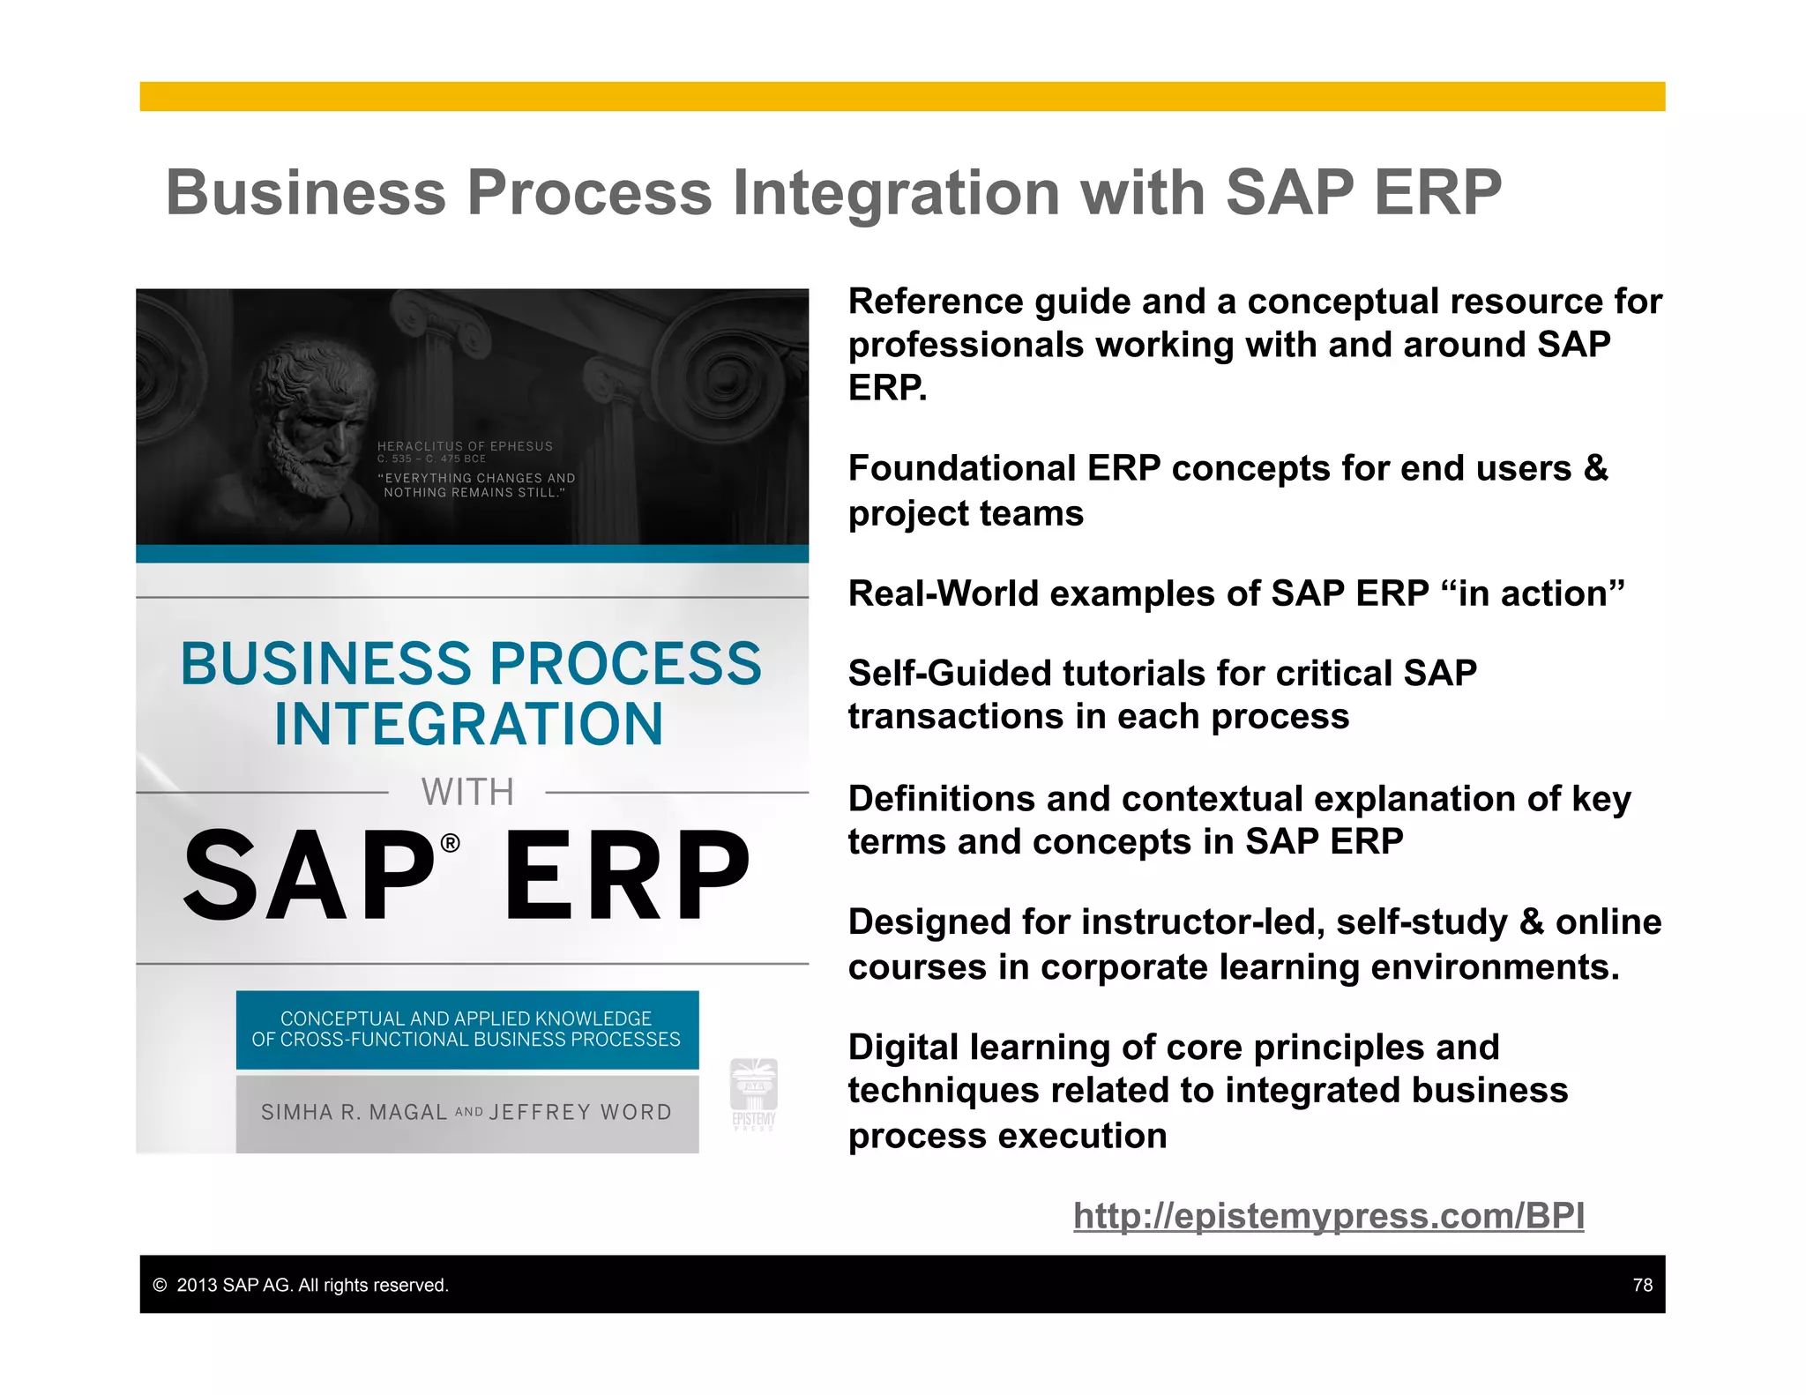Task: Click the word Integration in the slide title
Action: (x=896, y=193)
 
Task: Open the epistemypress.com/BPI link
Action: (x=1328, y=1216)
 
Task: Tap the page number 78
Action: (x=1642, y=1285)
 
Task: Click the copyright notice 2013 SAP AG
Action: (x=300, y=1285)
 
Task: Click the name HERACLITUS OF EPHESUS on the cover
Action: (x=465, y=446)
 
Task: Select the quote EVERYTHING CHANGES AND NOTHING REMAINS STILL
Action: (x=476, y=485)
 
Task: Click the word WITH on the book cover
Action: (x=467, y=792)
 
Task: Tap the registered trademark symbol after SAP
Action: (x=450, y=844)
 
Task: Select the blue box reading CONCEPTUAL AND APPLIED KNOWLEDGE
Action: (x=466, y=1029)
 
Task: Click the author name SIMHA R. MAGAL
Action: (x=354, y=1112)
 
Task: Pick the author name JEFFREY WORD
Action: (x=580, y=1112)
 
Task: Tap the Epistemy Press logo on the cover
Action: (x=754, y=1093)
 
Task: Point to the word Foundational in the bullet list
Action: (x=961, y=468)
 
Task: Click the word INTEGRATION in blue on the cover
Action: (x=468, y=724)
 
